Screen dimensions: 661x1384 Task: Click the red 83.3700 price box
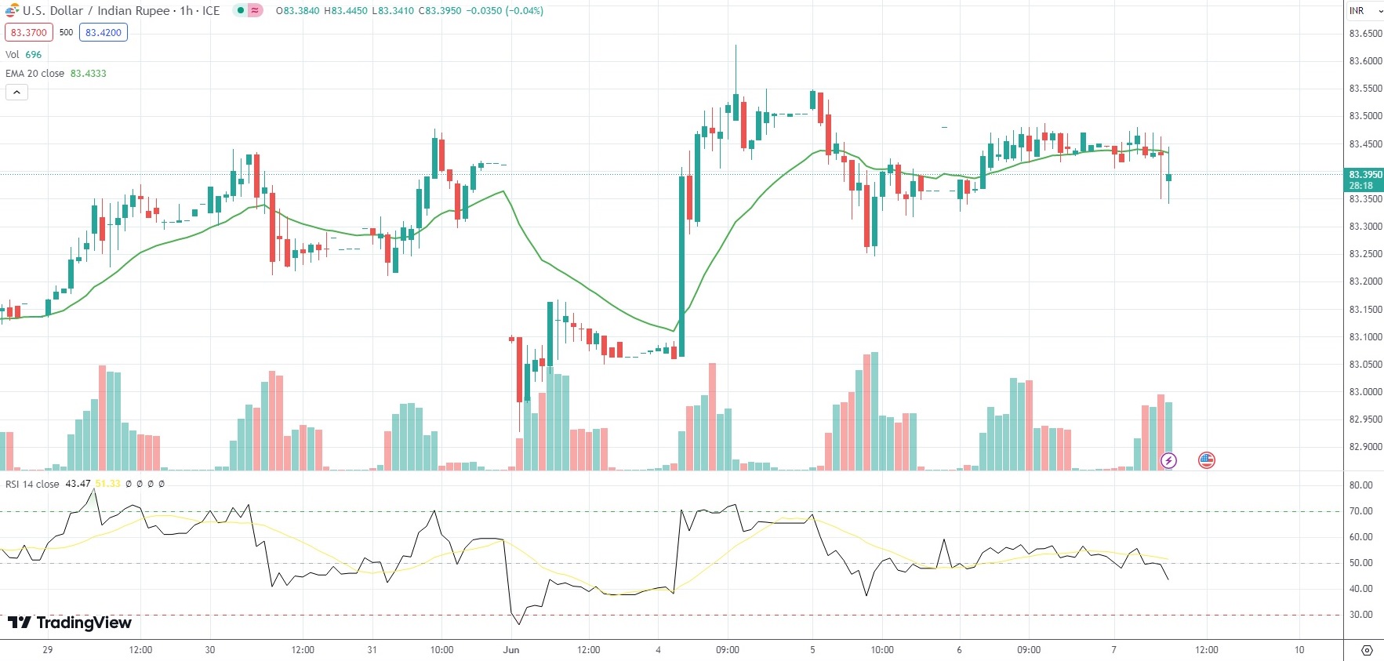(x=29, y=33)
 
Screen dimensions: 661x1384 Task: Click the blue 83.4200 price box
(x=103, y=33)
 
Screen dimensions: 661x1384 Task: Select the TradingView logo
(x=70, y=623)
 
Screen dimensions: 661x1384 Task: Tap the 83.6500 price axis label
(x=1365, y=34)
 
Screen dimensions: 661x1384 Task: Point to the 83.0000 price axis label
(x=1365, y=392)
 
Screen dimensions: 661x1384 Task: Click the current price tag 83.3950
(x=1364, y=175)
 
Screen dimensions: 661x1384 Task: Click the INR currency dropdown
(x=1364, y=11)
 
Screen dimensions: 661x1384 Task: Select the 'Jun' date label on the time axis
(x=511, y=650)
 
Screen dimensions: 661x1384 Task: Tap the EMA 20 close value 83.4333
(x=88, y=74)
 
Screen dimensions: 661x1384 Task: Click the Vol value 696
(x=33, y=55)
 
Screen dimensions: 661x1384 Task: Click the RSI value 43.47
(x=78, y=484)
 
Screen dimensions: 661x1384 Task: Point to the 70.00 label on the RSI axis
(x=1360, y=511)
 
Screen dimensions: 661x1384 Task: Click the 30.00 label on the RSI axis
(x=1360, y=615)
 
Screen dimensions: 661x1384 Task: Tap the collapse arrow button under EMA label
(x=16, y=93)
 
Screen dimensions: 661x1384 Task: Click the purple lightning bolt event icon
(x=1168, y=460)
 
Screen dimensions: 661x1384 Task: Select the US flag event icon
(x=1207, y=460)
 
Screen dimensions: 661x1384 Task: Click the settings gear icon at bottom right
(x=1367, y=650)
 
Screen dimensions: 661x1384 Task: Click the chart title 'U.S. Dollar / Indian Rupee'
(x=96, y=11)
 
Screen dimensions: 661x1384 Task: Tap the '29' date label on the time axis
(x=48, y=650)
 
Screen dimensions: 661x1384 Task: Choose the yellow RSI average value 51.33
(x=108, y=484)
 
